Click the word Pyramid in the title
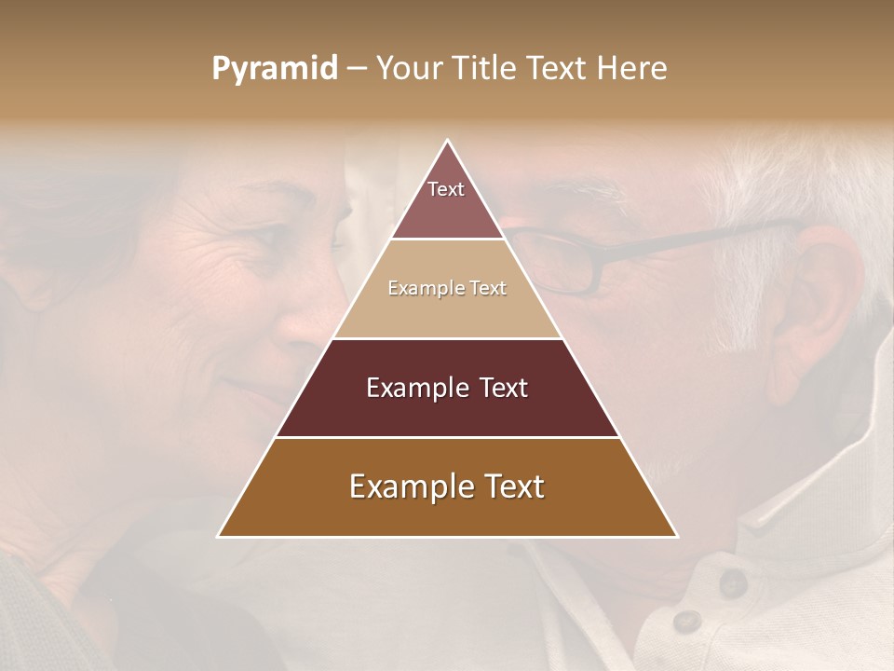coord(275,69)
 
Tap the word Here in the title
coord(632,68)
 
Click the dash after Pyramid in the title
coord(357,69)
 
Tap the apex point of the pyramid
coord(448,141)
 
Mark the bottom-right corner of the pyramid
coord(676,536)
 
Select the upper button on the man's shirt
coord(732,583)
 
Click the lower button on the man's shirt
coord(687,621)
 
